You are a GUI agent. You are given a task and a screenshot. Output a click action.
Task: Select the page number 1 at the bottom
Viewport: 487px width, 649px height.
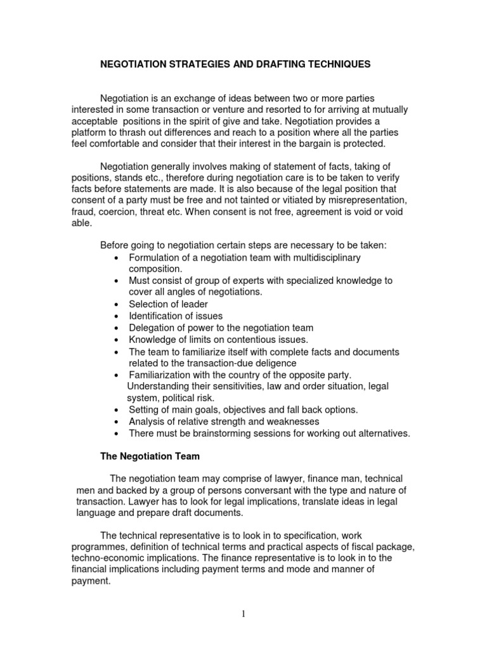pyautogui.click(x=243, y=613)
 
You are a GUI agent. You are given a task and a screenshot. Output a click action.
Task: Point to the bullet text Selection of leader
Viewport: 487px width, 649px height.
pyautogui.click(x=168, y=304)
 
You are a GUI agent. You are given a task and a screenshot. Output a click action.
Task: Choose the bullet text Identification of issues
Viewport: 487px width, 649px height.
pyautogui.click(x=176, y=316)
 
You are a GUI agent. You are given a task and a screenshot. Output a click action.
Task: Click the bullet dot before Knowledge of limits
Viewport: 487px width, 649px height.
pyautogui.click(x=116, y=340)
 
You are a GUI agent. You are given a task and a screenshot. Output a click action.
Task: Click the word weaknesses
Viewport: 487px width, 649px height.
pyautogui.click(x=290, y=421)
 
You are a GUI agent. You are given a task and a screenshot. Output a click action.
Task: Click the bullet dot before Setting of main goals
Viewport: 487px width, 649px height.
pyautogui.click(x=116, y=410)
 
